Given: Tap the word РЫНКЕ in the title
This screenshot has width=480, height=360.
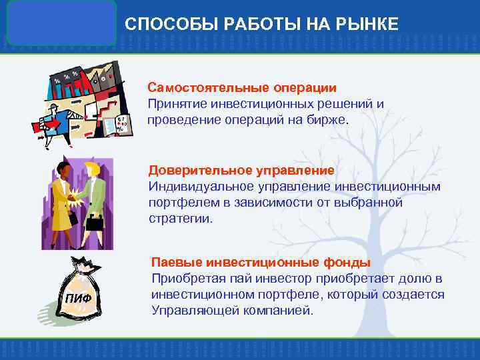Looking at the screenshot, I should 368,25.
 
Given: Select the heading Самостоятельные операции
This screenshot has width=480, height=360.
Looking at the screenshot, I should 242,88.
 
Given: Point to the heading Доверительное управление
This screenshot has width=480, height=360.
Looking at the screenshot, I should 241,169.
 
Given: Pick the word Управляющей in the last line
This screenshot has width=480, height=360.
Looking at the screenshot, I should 189,310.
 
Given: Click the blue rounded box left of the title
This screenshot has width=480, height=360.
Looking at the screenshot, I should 61,22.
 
